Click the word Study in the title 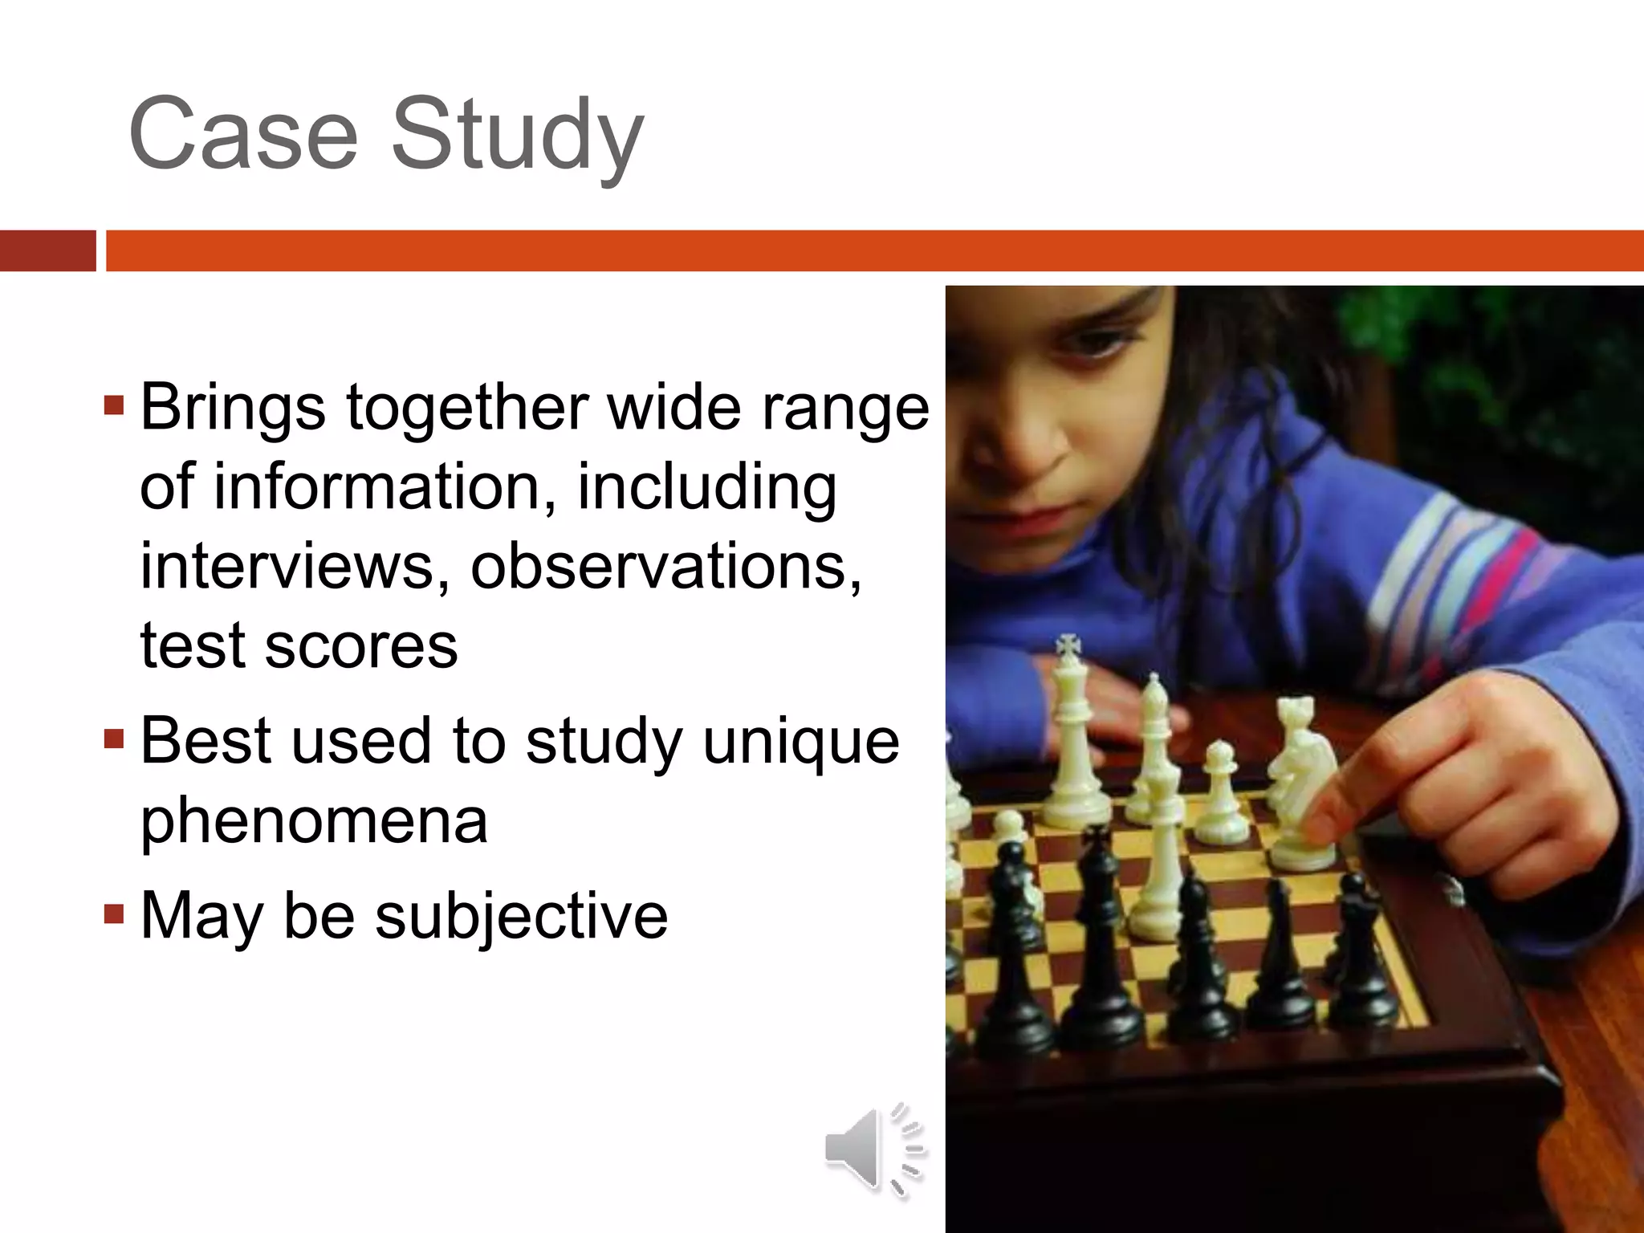[x=517, y=136]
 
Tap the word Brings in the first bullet [x=233, y=409]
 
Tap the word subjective [x=521, y=916]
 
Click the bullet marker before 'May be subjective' [x=114, y=912]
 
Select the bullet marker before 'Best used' [x=114, y=736]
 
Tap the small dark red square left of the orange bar [x=47, y=250]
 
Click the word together [x=466, y=409]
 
